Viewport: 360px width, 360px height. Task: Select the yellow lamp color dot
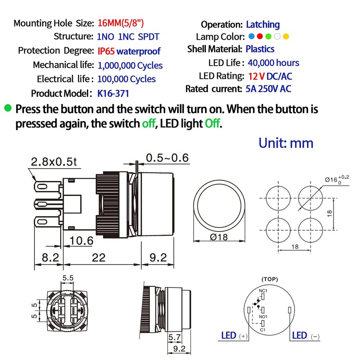(286, 37)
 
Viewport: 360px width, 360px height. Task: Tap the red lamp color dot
(260, 37)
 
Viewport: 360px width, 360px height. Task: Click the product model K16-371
(116, 94)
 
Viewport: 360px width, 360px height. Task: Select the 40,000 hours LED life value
(273, 63)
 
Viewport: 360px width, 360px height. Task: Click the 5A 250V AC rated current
(268, 89)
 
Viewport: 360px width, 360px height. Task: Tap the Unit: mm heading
(286, 143)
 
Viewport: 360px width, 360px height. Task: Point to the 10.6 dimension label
(81, 241)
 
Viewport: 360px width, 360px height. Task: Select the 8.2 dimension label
(50, 257)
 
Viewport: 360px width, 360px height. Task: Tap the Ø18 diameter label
(219, 237)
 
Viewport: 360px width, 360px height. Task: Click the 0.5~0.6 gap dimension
(167, 157)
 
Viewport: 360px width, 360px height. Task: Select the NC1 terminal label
(263, 291)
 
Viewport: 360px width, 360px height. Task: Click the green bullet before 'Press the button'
(8, 108)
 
